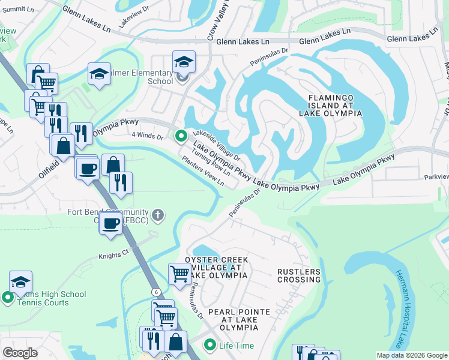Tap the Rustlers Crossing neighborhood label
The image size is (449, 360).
point(298,275)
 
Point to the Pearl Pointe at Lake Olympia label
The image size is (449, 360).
point(239,320)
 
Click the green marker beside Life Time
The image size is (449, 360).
point(209,345)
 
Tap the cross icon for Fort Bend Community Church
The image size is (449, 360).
point(158,214)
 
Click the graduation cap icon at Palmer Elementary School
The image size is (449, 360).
point(184,62)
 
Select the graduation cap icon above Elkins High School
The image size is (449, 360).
point(21,281)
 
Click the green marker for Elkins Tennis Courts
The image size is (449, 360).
point(7,297)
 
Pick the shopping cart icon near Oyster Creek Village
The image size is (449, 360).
point(179,274)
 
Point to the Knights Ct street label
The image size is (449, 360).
point(113,255)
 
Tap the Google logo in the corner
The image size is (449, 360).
point(20,352)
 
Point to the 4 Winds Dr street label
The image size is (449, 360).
point(148,136)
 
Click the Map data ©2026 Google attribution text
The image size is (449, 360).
point(412,355)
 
